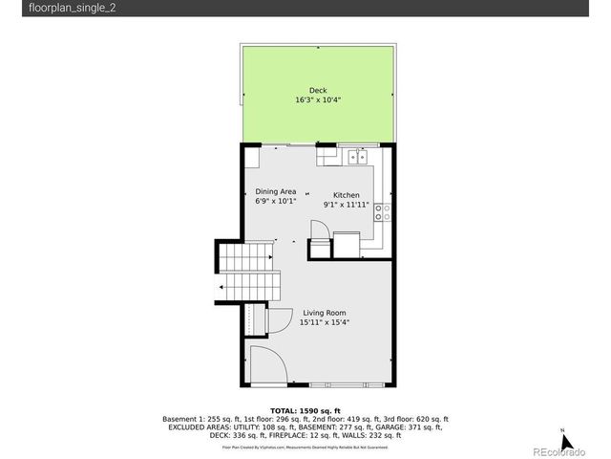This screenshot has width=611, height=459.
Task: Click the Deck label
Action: click(317, 91)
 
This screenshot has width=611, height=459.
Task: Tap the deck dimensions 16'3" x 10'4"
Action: click(317, 100)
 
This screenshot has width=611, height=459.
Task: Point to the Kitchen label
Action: click(346, 195)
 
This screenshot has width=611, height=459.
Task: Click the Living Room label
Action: click(325, 314)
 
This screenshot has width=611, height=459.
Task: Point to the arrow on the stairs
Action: click(222, 286)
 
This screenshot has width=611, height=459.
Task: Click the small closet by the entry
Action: click(252, 318)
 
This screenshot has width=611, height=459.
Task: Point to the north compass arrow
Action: click(566, 441)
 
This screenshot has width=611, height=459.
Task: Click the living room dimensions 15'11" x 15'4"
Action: click(325, 323)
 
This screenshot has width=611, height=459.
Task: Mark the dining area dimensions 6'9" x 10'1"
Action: click(276, 202)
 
